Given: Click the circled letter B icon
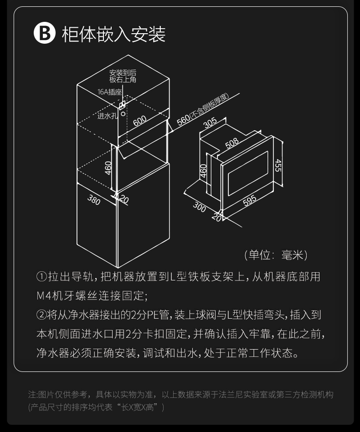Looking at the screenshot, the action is click(44, 33).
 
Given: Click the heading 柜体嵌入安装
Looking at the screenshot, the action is click(113, 34).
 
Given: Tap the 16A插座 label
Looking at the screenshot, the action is click(109, 92).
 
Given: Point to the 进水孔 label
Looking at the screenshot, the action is click(107, 116).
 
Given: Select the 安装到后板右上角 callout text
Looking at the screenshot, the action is click(123, 76).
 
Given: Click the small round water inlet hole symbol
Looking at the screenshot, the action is click(123, 113).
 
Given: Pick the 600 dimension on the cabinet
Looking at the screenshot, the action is click(139, 120).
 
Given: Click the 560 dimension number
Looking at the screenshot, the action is click(183, 120).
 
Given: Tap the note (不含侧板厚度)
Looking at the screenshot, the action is click(210, 106).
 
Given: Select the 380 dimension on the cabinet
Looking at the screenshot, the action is click(94, 200).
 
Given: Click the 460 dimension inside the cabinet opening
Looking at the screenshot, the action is click(108, 168).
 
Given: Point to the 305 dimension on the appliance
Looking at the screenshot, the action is click(210, 123).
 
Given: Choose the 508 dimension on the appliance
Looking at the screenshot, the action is click(232, 143).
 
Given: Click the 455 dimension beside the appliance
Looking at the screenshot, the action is click(278, 165).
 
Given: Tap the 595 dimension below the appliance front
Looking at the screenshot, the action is click(249, 200).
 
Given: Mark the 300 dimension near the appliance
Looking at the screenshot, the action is click(199, 207).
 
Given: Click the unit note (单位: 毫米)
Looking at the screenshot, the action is click(276, 255).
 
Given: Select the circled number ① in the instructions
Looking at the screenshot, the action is click(41, 277).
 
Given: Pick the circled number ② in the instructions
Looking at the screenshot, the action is click(41, 315).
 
